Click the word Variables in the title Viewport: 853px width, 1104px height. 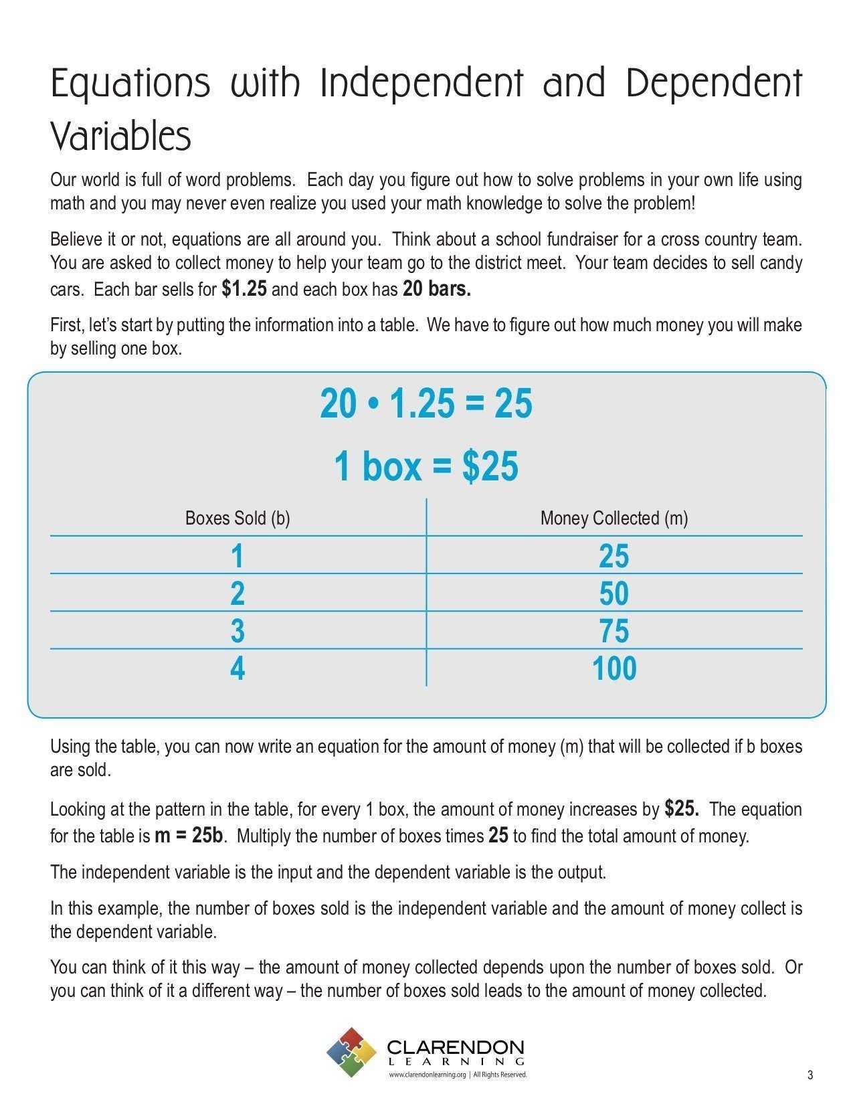[121, 136]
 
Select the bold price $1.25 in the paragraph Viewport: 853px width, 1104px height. [244, 289]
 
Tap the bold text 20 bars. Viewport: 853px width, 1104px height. [437, 289]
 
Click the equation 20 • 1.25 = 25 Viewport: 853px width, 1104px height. [426, 404]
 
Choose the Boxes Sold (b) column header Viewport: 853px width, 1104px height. [238, 519]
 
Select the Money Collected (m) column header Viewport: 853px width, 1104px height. [614, 519]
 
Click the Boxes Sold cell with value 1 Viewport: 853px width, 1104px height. [237, 556]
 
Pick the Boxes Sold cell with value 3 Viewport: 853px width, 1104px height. [238, 631]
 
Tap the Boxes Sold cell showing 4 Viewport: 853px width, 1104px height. [238, 668]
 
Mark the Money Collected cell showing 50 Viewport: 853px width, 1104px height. [614, 593]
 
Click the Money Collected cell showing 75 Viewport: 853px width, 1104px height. [614, 631]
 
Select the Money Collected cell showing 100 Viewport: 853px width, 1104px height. [614, 668]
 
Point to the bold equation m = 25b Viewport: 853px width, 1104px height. [189, 836]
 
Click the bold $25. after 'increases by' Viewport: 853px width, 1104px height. [682, 809]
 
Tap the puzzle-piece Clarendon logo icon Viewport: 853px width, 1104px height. [352, 1052]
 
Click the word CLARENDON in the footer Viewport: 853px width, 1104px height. [456, 1047]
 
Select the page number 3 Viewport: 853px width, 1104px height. [810, 1075]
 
